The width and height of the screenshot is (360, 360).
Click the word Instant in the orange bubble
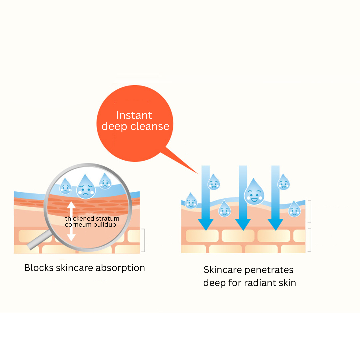click(x=134, y=115)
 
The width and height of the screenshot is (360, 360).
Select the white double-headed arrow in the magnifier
click(x=71, y=220)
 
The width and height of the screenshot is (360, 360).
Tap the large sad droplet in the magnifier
click(x=86, y=187)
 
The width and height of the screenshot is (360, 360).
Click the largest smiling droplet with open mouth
click(x=254, y=192)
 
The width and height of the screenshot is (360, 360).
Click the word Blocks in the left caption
click(x=39, y=268)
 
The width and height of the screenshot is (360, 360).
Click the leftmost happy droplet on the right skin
click(x=191, y=201)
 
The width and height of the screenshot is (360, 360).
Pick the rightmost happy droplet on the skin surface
click(x=294, y=209)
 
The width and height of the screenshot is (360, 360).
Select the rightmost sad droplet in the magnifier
click(x=105, y=181)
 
